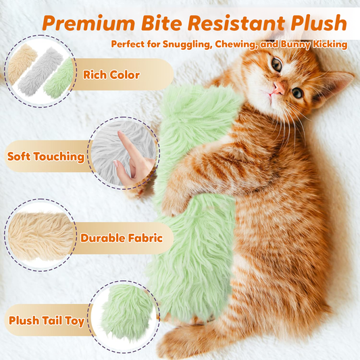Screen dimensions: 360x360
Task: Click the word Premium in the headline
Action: click(x=88, y=24)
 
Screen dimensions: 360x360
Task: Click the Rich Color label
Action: click(x=111, y=74)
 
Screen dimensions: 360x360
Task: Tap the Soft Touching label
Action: click(x=45, y=157)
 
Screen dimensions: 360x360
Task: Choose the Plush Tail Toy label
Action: click(x=45, y=320)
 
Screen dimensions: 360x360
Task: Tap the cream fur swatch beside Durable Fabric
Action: click(x=38, y=236)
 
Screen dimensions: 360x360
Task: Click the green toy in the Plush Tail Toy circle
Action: click(x=125, y=313)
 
